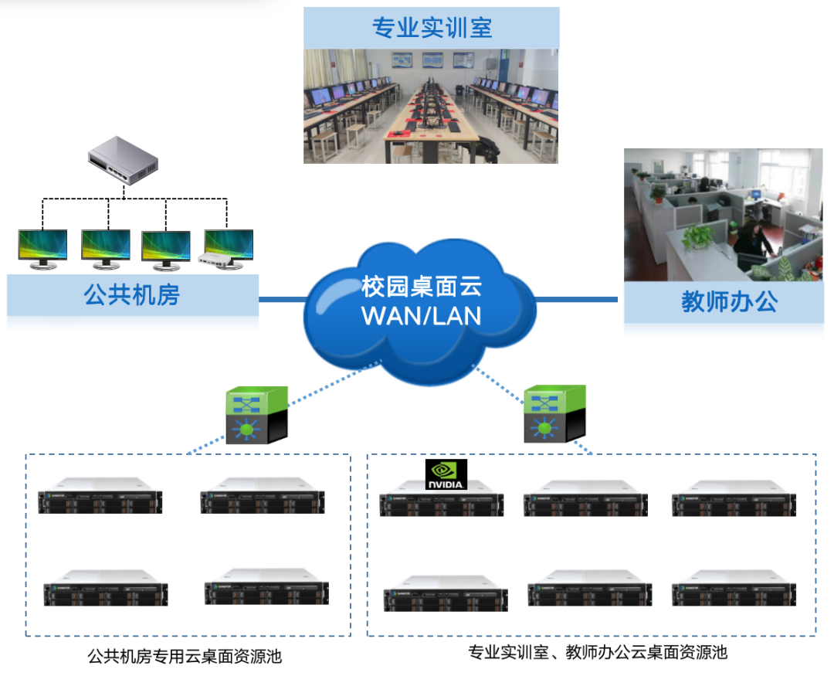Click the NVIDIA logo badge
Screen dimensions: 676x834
[x=446, y=474]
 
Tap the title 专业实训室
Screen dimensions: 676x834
[x=432, y=29]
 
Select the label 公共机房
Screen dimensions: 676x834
[x=132, y=295]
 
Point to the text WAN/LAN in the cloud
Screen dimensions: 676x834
[x=421, y=315]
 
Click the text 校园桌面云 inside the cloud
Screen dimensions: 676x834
[x=421, y=287]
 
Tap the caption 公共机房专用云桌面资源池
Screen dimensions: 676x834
[x=185, y=657]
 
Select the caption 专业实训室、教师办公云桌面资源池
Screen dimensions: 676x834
[x=597, y=653]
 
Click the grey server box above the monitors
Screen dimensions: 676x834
[x=123, y=159]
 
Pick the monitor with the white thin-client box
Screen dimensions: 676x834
[x=228, y=249]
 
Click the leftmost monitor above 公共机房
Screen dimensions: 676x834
[x=42, y=249]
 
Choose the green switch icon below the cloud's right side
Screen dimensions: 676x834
[x=554, y=414]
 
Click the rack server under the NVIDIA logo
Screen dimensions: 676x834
[x=441, y=500]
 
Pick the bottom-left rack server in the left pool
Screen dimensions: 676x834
[x=106, y=589]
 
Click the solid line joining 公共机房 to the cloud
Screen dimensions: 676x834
[x=283, y=299]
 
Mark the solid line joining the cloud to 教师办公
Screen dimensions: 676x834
[x=576, y=299]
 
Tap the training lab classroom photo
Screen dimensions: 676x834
[x=430, y=106]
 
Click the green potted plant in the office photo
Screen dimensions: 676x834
[x=696, y=236]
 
